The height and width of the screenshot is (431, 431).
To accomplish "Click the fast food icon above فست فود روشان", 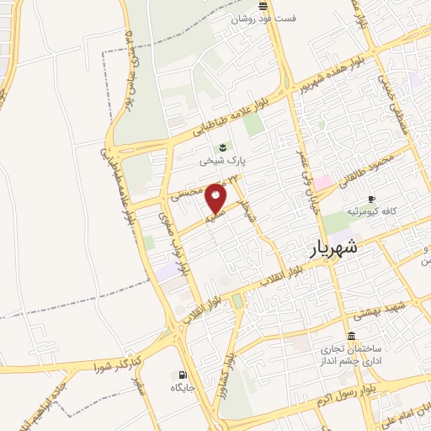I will point(263,6).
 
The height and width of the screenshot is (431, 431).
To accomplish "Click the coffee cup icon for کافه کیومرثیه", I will point(371,199).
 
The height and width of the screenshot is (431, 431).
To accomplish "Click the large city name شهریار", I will point(328,248).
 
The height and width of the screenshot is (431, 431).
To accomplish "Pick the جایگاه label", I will point(183,388).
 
